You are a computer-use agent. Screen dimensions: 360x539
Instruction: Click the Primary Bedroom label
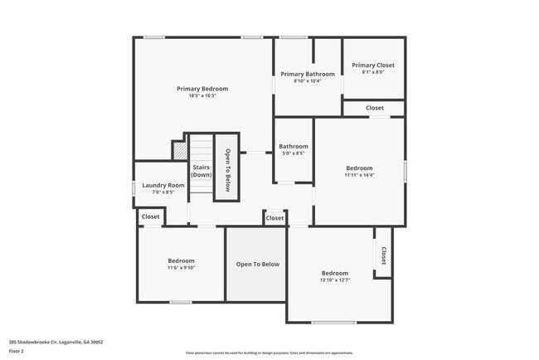tap(202, 89)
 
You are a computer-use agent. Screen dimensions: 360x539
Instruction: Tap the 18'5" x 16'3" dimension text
tap(202, 96)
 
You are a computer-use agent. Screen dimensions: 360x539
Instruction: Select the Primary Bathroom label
tap(307, 74)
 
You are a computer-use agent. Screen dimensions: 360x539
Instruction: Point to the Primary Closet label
tap(373, 65)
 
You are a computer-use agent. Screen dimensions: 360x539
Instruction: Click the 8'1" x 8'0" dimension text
tap(373, 72)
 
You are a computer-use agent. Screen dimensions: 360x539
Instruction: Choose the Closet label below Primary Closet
tap(375, 108)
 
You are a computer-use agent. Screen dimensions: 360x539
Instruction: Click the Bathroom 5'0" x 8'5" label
tap(294, 150)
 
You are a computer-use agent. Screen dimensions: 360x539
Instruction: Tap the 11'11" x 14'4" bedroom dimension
tap(359, 175)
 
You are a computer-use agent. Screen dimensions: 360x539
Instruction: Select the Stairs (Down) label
tap(201, 171)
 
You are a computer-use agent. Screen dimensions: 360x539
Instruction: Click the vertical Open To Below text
tap(227, 169)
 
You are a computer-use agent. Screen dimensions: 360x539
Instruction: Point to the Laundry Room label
tap(163, 185)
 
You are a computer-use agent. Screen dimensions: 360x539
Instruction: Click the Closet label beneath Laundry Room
tap(151, 216)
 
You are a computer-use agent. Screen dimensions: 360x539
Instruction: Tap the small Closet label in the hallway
tap(274, 218)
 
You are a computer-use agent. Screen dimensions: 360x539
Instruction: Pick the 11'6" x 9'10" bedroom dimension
tap(181, 268)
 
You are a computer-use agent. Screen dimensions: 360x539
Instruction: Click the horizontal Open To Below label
tap(258, 265)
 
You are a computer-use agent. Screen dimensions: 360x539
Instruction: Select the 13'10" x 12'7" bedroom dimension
tap(335, 280)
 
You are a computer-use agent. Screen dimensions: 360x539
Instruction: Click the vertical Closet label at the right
tap(383, 255)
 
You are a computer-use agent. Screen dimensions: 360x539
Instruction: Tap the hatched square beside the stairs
tap(179, 150)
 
